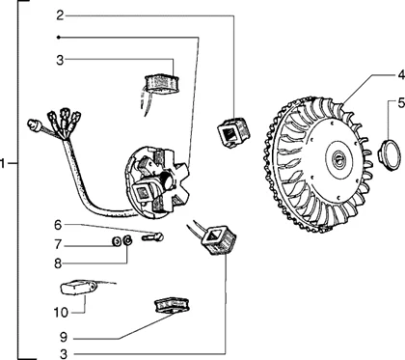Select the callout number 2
[x=60, y=15]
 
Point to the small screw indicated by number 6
[x=148, y=235]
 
